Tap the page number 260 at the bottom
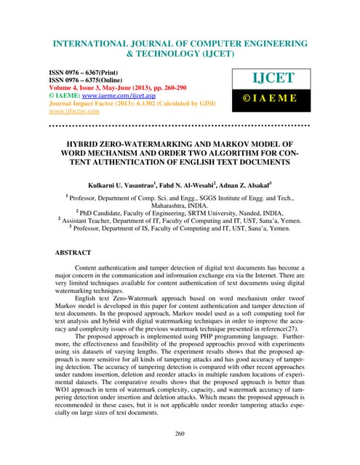[180, 434]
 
